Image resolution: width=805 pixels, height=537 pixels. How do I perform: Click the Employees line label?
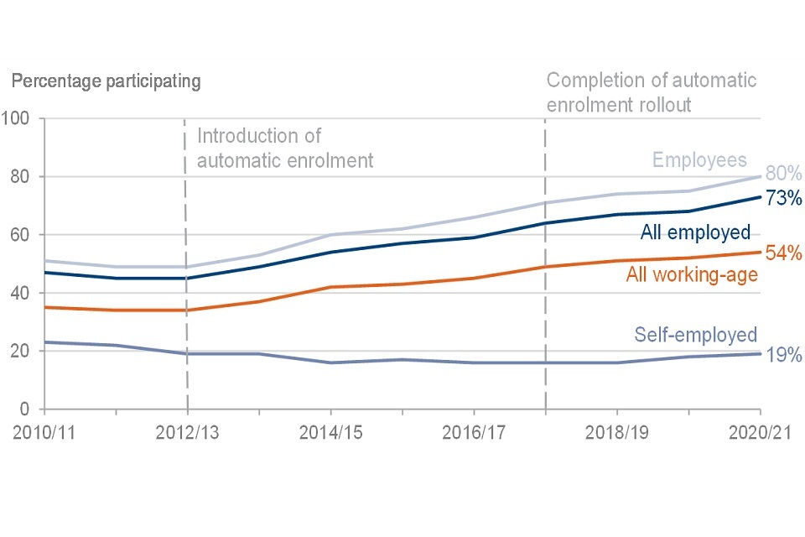(x=699, y=160)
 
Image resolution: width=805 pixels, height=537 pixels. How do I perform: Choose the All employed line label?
(x=695, y=232)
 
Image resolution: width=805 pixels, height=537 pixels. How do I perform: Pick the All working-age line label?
(x=692, y=274)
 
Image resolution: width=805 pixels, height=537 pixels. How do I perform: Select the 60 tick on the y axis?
(x=21, y=235)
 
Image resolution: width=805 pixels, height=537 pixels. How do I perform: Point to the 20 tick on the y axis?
(x=21, y=352)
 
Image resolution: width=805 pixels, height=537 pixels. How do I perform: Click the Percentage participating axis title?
(x=106, y=82)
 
